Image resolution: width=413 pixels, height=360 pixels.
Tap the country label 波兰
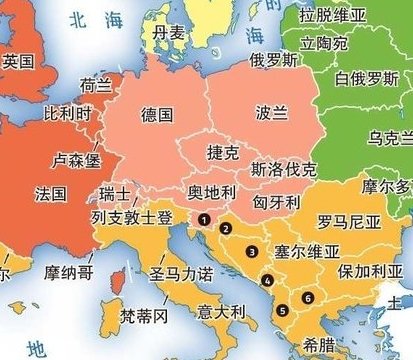click(271, 111)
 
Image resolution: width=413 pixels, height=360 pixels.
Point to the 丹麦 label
click(169, 33)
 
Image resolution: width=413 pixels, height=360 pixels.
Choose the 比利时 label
click(66, 115)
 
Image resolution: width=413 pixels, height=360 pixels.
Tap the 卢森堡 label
click(77, 159)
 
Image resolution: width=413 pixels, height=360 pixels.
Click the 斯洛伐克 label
click(285, 169)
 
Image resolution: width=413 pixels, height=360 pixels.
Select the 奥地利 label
click(212, 190)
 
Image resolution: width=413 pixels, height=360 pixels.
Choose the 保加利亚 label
click(369, 271)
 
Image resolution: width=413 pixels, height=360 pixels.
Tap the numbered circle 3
click(253, 251)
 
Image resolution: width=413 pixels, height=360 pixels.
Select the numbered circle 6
click(308, 297)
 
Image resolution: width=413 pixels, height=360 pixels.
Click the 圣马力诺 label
click(180, 272)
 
